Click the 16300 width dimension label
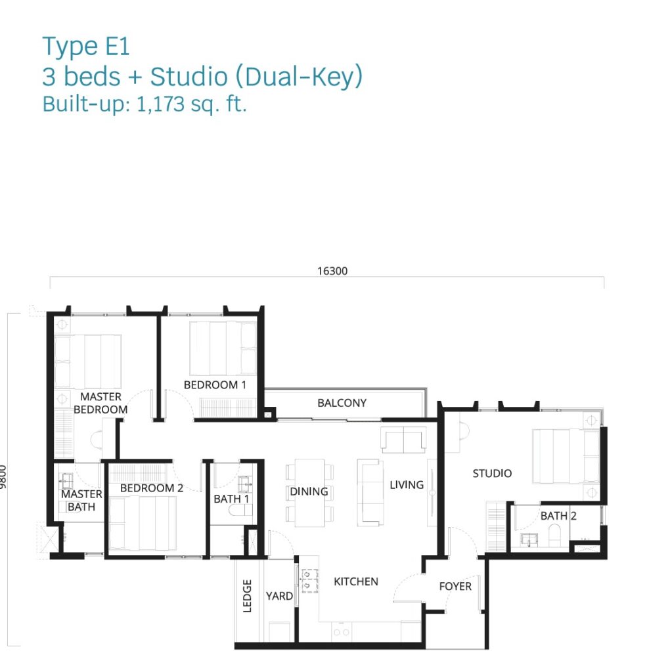[332, 271]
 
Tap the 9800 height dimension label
[3, 476]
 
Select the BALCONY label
[342, 403]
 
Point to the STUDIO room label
[492, 473]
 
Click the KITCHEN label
[356, 581]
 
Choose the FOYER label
[455, 586]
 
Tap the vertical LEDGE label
[247, 596]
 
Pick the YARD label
[279, 596]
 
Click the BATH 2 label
[558, 516]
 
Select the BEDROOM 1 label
[215, 385]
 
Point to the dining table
[309, 493]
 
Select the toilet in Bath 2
[555, 535]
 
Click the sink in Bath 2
[529, 539]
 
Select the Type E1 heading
[86, 47]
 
